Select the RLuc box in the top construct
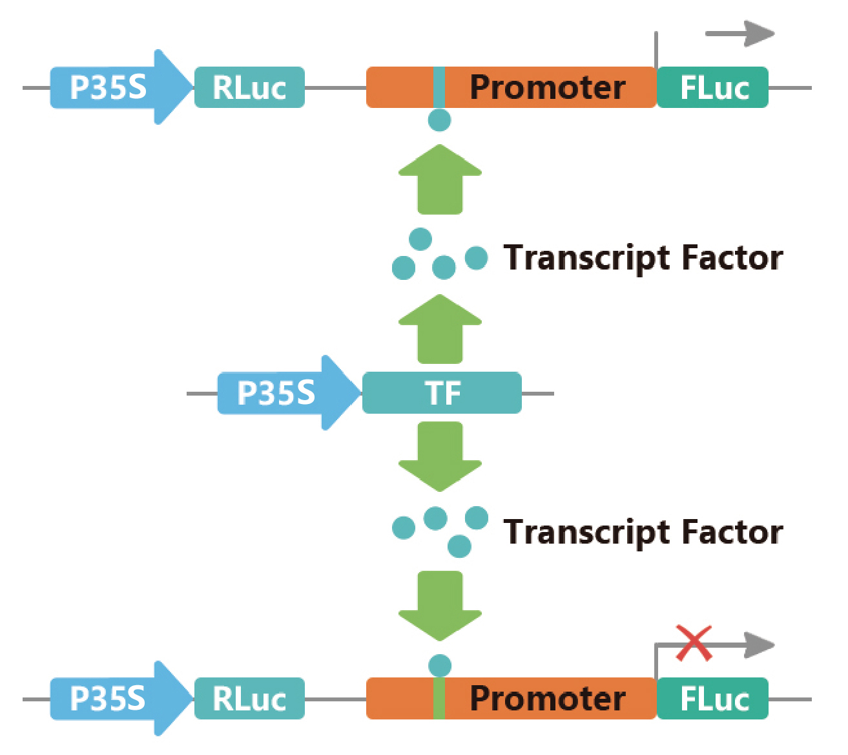(x=249, y=87)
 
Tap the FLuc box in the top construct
(x=713, y=87)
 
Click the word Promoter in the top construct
(x=547, y=87)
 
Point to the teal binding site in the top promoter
(x=439, y=87)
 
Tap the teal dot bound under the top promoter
(x=439, y=120)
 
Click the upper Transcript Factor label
(x=643, y=257)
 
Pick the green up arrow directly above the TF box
(x=440, y=330)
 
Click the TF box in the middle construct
(x=442, y=393)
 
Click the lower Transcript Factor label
(x=643, y=532)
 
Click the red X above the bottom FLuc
(x=694, y=643)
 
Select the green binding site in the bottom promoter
(x=439, y=699)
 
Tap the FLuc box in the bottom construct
(x=713, y=699)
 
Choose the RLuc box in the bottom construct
(x=249, y=699)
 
